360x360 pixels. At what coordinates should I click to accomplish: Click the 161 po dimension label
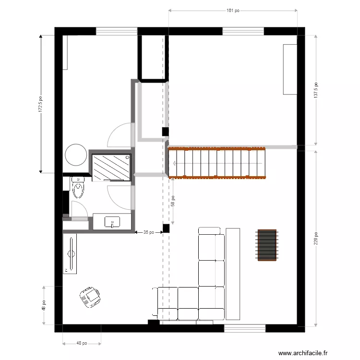233,10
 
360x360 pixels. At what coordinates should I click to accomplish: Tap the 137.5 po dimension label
316,89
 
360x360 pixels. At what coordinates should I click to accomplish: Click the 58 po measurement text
173,201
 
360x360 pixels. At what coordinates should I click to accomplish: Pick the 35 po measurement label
149,232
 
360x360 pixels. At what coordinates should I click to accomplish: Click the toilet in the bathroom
78,188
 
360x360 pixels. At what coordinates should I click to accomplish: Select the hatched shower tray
111,167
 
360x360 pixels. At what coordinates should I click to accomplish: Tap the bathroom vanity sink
112,222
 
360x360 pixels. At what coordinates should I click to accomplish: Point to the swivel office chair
90,297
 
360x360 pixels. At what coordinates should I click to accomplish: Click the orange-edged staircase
217,162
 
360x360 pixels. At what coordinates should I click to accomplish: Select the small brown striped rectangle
267,245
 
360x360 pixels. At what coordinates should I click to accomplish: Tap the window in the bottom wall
245,328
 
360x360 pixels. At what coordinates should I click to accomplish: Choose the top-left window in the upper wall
116,31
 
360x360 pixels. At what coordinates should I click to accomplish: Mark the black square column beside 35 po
166,228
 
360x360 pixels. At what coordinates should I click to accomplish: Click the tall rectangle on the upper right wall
290,70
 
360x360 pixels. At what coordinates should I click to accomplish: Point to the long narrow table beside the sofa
233,274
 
